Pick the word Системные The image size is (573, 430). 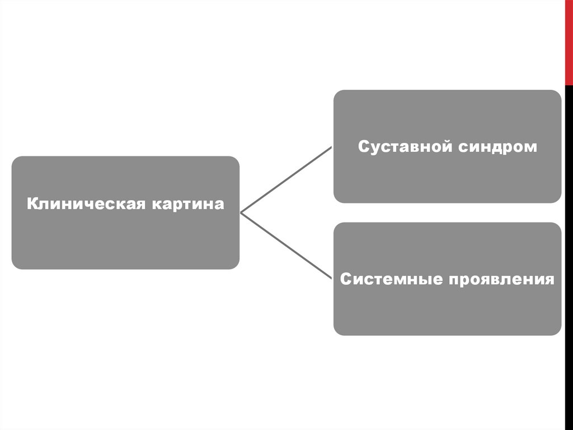point(388,279)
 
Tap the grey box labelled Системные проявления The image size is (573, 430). point(447,308)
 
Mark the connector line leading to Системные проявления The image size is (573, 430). point(286,246)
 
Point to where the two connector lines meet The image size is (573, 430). point(241,212)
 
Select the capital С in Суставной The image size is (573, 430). point(363,147)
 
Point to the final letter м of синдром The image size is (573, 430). point(532,147)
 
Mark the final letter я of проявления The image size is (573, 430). point(550,280)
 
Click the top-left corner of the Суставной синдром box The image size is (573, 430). point(336,93)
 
